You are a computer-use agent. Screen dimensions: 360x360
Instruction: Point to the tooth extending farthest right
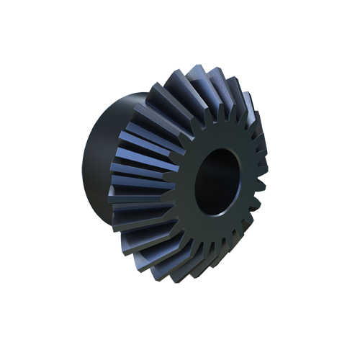click(263, 173)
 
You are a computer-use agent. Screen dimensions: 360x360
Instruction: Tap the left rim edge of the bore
click(192, 184)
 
